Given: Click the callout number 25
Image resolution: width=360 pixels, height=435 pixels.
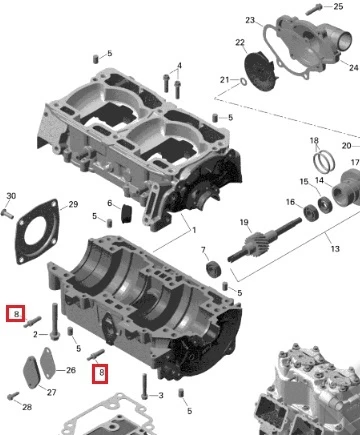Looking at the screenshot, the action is (338, 6).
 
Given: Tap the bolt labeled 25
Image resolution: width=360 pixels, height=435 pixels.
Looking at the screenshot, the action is (314, 9).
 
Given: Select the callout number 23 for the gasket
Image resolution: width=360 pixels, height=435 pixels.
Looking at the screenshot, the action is (250, 20).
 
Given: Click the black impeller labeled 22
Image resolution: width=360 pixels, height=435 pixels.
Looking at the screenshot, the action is (259, 72).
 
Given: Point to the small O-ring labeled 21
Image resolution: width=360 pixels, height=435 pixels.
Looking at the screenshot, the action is (243, 81).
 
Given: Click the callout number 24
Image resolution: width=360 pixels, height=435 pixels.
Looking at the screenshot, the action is (354, 67).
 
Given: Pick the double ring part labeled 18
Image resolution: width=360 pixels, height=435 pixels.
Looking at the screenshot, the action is (324, 161).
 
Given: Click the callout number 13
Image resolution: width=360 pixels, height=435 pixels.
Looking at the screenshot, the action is (335, 249).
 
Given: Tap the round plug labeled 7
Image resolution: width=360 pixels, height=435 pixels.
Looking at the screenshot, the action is (214, 269).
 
